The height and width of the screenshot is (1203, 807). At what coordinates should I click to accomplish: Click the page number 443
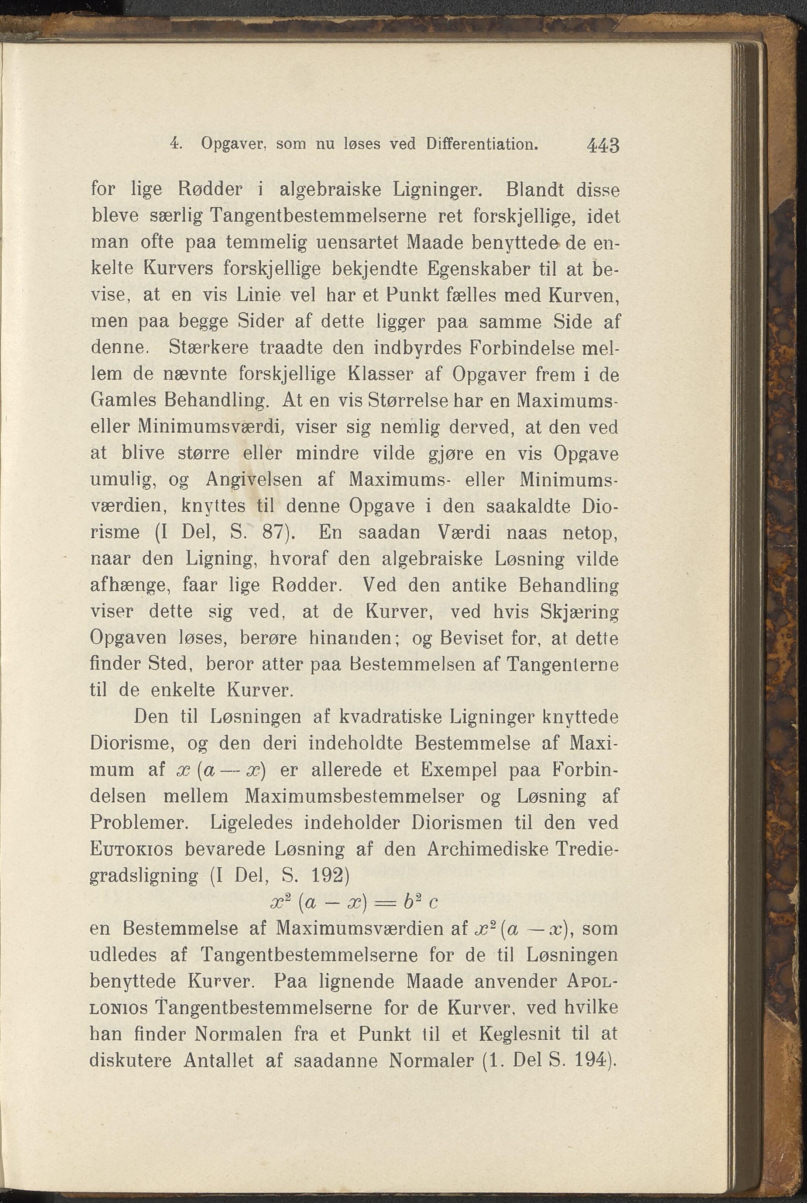point(603,145)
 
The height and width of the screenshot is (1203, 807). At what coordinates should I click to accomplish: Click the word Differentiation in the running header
point(482,144)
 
